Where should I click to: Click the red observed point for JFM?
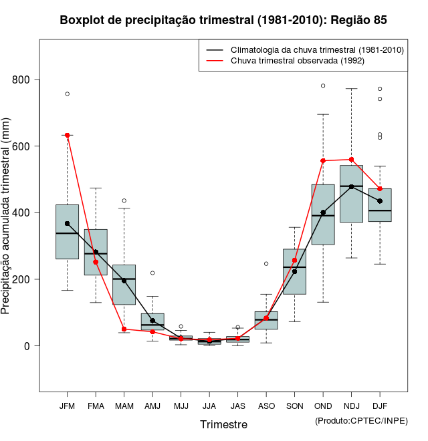point(68,135)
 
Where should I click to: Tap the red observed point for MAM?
point(124,329)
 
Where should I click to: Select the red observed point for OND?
point(323,161)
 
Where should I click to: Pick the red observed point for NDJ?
point(351,160)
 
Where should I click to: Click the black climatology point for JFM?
point(68,223)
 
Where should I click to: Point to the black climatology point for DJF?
point(380,201)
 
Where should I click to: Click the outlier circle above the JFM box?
point(68,94)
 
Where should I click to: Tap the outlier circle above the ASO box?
point(266,263)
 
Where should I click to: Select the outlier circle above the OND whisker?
point(323,86)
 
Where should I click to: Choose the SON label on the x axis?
point(294,406)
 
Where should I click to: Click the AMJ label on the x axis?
point(152,406)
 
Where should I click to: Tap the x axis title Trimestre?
point(223,424)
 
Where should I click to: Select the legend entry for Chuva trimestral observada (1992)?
point(297,61)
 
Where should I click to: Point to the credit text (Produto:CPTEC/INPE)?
point(360,420)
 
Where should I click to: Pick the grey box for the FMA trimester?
point(96,252)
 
